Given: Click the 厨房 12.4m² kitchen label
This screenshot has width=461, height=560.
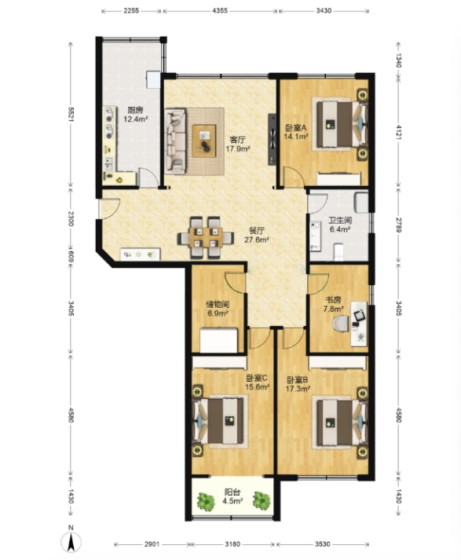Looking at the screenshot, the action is coord(136,115).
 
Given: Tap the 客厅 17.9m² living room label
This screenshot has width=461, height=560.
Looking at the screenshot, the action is coord(238,144).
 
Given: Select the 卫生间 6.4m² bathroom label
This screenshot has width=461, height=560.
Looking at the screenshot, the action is coord(340,225).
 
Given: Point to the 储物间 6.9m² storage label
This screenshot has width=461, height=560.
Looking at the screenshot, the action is coord(218,309).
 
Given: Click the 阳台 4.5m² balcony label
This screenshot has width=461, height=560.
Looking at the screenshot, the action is coord(232,497).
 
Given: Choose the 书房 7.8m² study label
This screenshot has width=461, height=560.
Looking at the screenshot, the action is coord(333,304).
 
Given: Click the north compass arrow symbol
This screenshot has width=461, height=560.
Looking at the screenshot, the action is coord(71,540).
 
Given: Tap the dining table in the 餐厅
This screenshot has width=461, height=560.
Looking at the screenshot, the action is coord(205,237).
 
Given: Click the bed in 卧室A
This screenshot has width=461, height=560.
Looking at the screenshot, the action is coord(340,124).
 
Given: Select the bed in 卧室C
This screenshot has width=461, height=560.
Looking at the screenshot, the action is coord(221,422).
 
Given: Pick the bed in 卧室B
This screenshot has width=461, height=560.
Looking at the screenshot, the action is coord(340,422).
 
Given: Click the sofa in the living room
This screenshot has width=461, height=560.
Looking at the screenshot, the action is coord(175,141).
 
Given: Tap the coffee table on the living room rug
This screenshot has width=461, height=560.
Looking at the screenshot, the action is coord(204,141).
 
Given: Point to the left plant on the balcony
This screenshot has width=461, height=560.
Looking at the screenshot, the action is coord(206,501).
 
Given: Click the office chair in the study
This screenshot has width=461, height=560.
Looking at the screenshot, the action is coord(341,324).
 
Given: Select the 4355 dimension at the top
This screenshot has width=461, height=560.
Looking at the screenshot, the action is coord(220,11).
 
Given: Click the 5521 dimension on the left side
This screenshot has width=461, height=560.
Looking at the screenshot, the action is coord(71,115).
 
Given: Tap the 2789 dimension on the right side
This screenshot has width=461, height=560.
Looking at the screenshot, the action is coord(398,225).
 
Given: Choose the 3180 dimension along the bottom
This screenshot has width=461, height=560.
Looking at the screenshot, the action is coord(232,544).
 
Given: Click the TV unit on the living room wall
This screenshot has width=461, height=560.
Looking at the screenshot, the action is coord(273,139).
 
